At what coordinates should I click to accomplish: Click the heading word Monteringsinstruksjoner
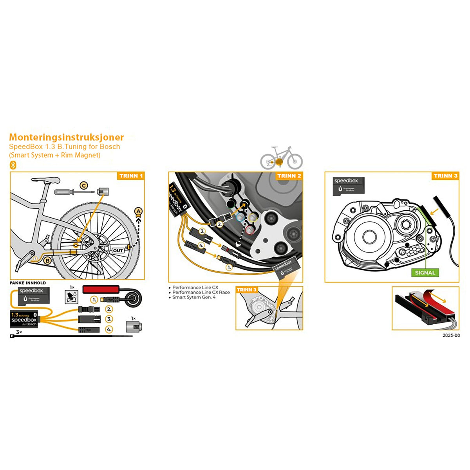(66, 137)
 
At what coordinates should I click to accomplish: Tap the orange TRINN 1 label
(131, 176)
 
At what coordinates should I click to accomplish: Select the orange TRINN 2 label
(289, 176)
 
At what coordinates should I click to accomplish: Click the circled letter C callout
(83, 186)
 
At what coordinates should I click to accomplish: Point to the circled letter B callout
(47, 260)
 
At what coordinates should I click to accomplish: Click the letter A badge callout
(138, 211)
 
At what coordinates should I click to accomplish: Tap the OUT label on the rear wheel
(118, 250)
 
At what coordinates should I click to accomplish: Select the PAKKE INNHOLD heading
(28, 283)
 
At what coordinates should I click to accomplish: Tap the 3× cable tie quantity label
(19, 332)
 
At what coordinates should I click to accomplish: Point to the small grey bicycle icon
(282, 157)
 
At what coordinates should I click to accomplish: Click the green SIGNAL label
(425, 273)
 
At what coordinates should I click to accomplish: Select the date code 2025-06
(451, 336)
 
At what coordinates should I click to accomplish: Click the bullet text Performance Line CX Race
(201, 292)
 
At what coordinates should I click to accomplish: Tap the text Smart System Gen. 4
(194, 297)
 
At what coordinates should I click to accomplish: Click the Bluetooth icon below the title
(13, 164)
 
